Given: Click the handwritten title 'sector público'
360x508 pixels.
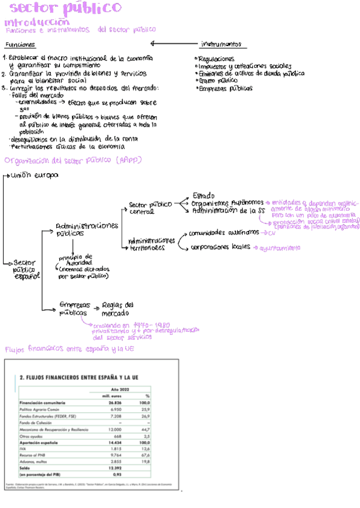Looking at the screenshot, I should (x=66, y=8).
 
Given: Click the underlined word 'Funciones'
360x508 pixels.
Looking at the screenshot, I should (x=20, y=45).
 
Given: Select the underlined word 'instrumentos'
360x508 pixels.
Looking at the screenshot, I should (x=221, y=44).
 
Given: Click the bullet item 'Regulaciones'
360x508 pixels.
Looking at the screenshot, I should (x=216, y=59).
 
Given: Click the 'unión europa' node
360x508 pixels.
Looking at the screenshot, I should (x=34, y=176).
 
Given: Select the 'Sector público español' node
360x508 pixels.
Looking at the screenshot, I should (x=26, y=269).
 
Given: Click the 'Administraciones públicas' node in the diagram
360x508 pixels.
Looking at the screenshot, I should (x=86, y=229).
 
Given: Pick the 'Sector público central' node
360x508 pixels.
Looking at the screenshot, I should (x=150, y=208).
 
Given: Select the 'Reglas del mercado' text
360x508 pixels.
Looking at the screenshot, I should (x=118, y=309).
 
